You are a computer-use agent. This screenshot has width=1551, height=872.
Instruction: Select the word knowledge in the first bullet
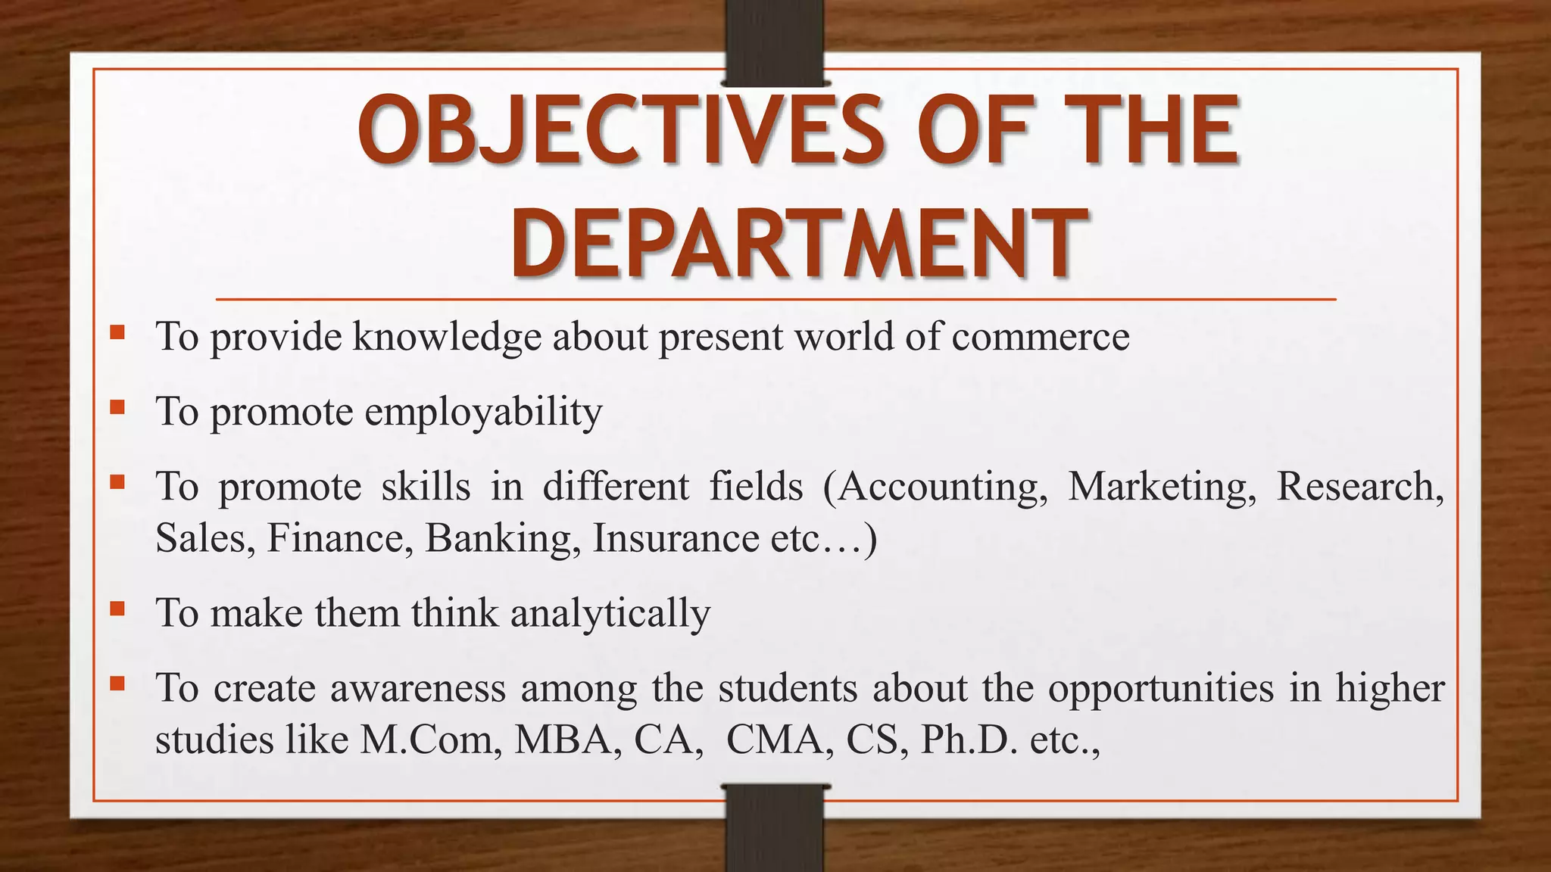point(447,337)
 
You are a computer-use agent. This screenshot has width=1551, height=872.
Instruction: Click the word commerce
point(1041,337)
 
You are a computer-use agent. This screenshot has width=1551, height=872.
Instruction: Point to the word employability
point(483,413)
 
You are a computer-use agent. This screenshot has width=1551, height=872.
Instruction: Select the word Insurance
point(676,539)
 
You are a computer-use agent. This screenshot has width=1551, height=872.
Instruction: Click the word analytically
point(610,613)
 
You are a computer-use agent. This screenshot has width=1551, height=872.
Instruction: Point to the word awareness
point(417,689)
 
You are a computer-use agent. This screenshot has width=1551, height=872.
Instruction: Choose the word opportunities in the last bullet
point(1161,689)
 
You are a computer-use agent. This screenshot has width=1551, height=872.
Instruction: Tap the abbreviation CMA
point(775,740)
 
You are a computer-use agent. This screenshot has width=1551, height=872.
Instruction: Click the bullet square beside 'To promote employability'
point(117,407)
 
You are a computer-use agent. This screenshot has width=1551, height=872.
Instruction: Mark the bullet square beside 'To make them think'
point(117,608)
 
